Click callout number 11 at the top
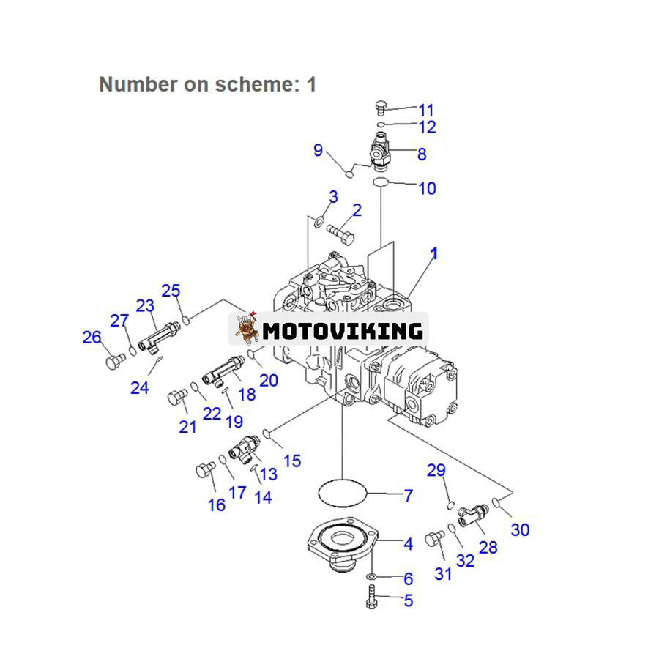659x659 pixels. click(x=425, y=111)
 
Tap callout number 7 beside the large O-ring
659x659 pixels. click(x=407, y=496)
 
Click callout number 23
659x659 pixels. click(x=145, y=306)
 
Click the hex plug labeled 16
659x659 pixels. click(x=204, y=472)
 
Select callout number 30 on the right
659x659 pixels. click(x=519, y=529)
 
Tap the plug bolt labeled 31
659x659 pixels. click(x=435, y=539)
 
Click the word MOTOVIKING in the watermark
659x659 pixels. click(x=342, y=331)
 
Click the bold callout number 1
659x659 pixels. click(x=434, y=253)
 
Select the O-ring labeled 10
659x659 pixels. click(x=380, y=181)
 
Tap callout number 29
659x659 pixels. click(x=436, y=470)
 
